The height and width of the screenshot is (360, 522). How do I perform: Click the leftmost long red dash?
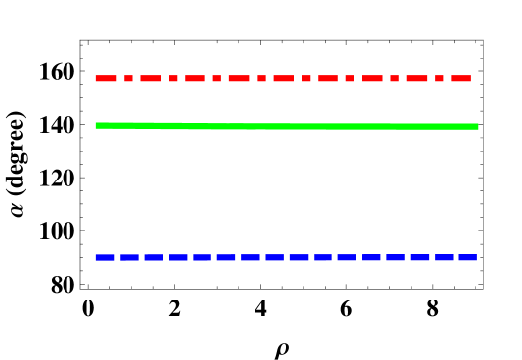tap(106, 78)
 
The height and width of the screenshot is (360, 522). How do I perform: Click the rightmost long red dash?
tap(461, 78)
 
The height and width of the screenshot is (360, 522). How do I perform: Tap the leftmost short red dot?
tap(128, 78)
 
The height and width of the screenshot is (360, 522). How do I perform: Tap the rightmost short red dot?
tap(440, 78)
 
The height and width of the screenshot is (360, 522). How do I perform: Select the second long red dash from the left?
tap(150, 78)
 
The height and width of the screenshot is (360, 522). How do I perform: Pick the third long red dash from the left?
tap(195, 78)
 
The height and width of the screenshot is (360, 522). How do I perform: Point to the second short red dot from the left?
tap(173, 78)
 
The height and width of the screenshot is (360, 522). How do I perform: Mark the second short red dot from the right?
tap(395, 78)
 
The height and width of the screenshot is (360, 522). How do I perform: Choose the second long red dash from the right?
tap(417, 78)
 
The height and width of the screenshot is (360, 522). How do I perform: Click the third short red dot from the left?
tap(217, 78)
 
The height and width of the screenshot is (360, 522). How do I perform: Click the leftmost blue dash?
tap(105, 257)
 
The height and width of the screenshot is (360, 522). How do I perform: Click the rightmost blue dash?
tap(468, 257)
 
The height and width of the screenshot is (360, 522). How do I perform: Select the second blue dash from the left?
tap(129, 257)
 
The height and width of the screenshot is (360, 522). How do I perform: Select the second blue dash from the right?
tap(444, 257)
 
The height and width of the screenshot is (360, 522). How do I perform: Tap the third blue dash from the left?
tap(154, 257)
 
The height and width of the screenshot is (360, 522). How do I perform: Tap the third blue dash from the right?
tap(420, 257)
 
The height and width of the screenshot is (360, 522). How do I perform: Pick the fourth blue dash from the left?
tap(178, 257)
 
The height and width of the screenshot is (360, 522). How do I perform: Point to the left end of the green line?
tap(96, 125)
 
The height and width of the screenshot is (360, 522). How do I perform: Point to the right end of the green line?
tap(478, 126)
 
